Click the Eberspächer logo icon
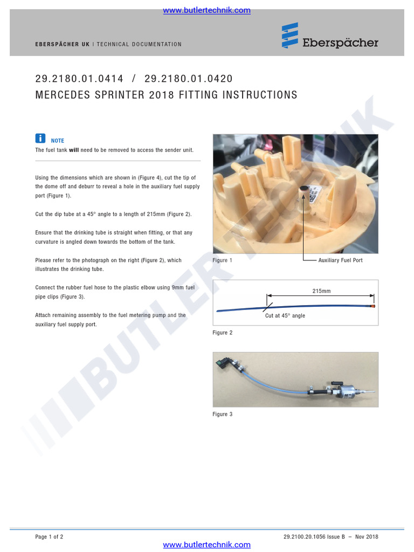289,36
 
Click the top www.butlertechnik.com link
206,10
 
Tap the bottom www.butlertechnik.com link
206,545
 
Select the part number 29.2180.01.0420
189,79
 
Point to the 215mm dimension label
321,291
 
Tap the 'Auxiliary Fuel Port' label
340,260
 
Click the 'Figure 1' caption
222,260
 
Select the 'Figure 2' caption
222,333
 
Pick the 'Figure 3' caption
222,414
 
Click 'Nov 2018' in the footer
367,536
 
